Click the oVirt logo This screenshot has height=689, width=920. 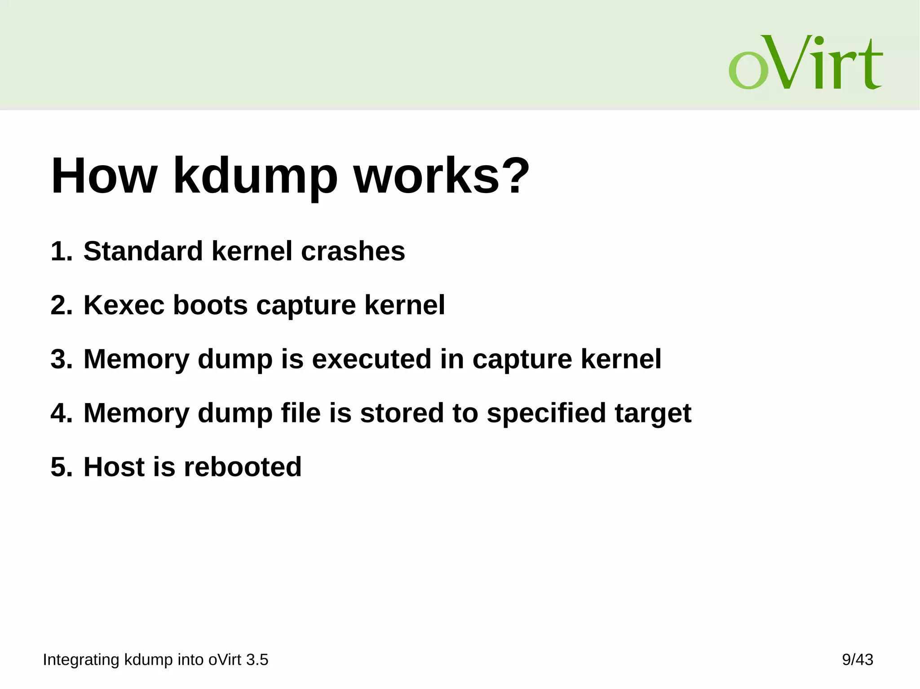coord(805,63)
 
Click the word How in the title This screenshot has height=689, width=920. coord(104,176)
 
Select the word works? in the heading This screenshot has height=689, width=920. coord(442,176)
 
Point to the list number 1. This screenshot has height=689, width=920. coord(61,251)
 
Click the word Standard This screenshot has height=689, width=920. coord(143,251)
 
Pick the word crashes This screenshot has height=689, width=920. coord(353,251)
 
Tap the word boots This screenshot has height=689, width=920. coord(210,305)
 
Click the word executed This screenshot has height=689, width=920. coord(371,359)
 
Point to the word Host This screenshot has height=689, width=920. coord(114,467)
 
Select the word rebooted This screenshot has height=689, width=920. coord(243,467)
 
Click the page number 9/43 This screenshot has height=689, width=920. coord(857,660)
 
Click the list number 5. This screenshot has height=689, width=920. coord(61,467)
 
